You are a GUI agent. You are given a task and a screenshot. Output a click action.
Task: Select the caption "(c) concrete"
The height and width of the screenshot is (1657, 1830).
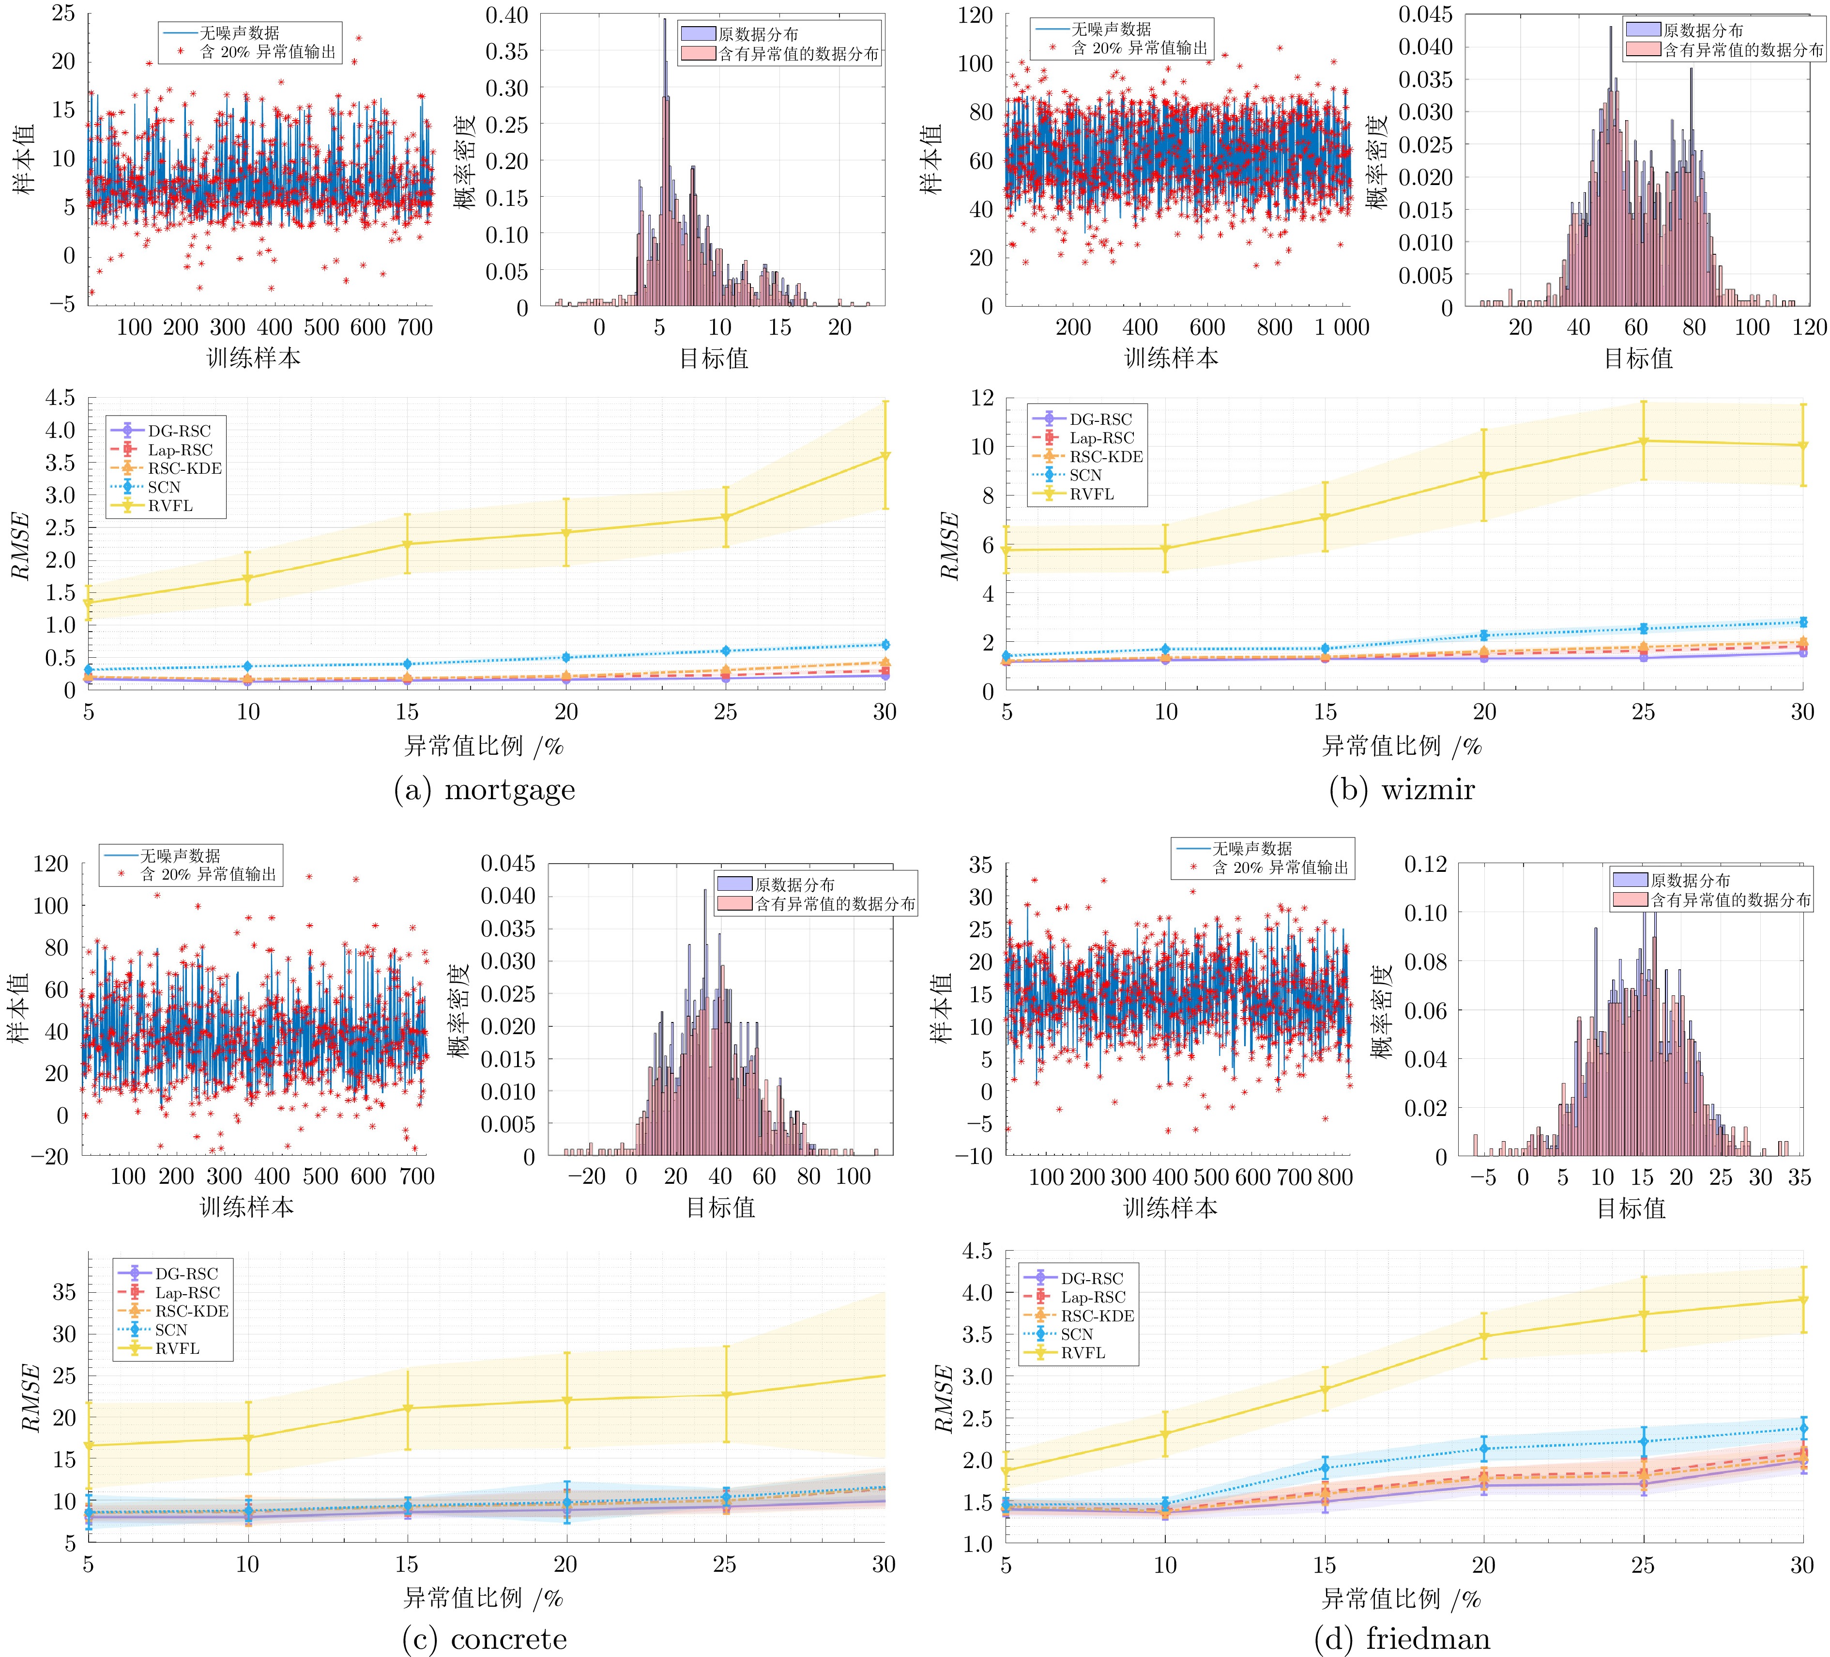(484, 1639)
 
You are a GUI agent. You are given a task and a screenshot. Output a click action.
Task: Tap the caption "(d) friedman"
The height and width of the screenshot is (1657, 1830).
(1402, 1639)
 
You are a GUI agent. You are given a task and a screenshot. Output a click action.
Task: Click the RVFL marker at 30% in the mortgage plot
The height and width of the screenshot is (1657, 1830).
(885, 456)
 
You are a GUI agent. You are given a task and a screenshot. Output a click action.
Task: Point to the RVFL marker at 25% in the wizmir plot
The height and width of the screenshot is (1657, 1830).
(1643, 441)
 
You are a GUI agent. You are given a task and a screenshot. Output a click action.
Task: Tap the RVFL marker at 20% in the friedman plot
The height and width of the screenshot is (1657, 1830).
(1484, 1336)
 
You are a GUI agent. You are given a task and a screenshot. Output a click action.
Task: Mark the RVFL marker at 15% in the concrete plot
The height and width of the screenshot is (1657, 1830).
(408, 1408)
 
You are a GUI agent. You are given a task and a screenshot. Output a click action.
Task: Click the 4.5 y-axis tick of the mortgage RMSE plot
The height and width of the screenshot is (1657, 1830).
(60, 398)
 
